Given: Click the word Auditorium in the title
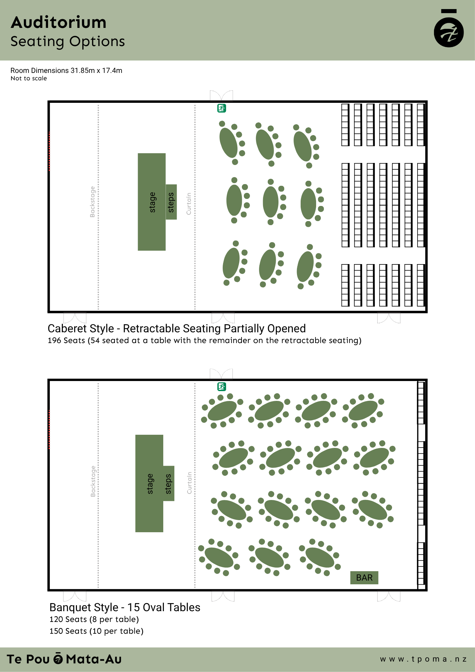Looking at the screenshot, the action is pos(59,23).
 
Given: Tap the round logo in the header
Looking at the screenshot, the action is pos(449,32).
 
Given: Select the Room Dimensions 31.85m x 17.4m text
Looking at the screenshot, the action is pos(66,71).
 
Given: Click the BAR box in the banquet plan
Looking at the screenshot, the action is pos(364,578).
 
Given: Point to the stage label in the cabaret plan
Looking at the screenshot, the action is pos(152,202).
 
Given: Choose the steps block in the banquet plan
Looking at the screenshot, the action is pos(169,484).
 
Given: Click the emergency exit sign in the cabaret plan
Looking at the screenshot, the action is pos(222,108).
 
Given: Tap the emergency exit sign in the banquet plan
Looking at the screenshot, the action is pos(222,387).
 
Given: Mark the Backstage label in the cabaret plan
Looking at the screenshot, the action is pos(92,202).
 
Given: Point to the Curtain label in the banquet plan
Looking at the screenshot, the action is pos(189,483).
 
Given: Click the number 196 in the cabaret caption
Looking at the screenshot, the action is pos(54,340).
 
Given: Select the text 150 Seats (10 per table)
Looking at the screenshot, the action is pos(96,631).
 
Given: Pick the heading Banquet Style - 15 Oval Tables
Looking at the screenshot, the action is pos(125,607).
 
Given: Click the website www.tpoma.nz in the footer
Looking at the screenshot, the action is pos(423,659).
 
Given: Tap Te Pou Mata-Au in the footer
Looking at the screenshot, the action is pos(64,659).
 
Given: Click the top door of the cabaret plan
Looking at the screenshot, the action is pos(221,95).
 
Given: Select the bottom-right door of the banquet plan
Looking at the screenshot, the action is pos(389,596).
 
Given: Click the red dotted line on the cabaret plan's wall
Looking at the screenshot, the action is pos(49,151).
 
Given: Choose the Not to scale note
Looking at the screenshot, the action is pos(29,78).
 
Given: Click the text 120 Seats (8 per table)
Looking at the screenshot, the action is pos(94,619).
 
